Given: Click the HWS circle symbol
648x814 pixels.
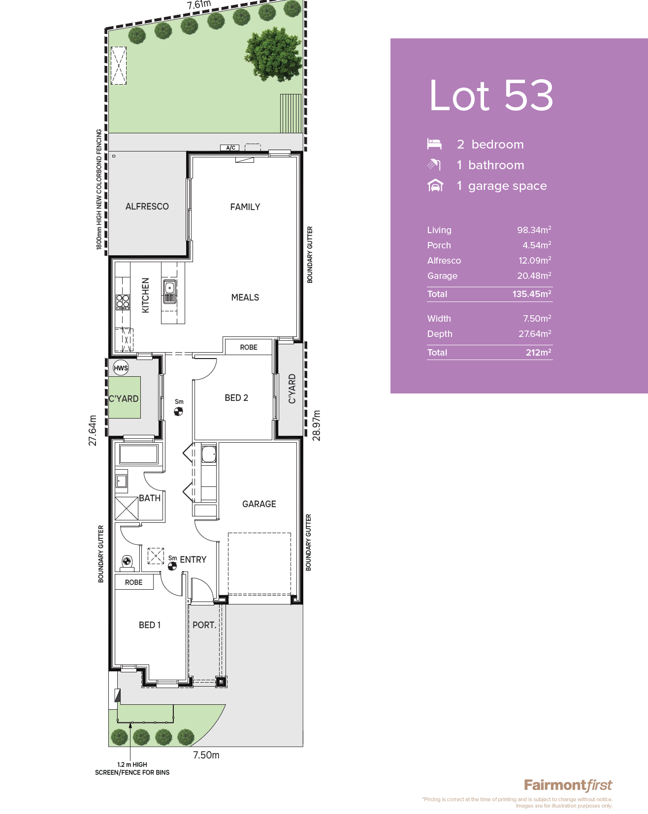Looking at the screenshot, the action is [121, 368].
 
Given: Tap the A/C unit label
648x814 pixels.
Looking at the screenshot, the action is [230, 148].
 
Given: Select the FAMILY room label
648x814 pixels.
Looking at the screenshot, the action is [245, 207].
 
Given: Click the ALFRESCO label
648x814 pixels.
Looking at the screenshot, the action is [147, 207].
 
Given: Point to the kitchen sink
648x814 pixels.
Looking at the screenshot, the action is [169, 292].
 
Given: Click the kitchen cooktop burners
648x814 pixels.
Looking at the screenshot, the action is [123, 301].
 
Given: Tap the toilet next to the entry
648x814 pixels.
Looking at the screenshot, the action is [127, 562].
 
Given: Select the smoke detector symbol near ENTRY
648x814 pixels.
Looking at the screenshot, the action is [172, 566].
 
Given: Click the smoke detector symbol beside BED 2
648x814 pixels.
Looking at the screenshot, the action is [179, 411].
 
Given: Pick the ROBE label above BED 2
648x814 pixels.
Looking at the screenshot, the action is [249, 347].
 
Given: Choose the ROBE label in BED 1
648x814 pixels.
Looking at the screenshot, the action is [133, 582].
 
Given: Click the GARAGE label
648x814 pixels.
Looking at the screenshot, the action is [259, 504].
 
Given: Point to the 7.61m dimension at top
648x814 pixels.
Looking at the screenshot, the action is [199, 5].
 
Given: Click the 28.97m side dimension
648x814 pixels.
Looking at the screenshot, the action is [317, 425].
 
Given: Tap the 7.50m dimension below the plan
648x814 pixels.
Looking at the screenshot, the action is [206, 755].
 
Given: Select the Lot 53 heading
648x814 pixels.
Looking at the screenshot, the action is [491, 95].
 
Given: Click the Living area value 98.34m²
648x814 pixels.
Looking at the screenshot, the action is [534, 230].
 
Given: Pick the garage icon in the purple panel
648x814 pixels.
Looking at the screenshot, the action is [435, 185].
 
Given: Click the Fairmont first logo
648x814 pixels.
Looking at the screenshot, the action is [568, 785].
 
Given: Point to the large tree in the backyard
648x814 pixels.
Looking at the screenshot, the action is [274, 54].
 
